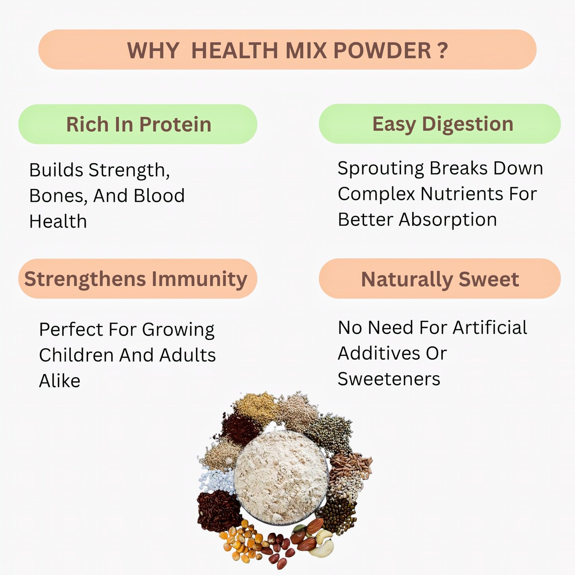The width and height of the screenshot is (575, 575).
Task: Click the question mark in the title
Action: coord(443,51)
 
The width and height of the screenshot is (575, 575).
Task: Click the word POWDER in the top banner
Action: coord(382,51)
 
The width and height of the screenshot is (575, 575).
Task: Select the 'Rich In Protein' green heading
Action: coord(138,124)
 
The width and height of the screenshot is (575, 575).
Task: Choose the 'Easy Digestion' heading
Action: coord(442,124)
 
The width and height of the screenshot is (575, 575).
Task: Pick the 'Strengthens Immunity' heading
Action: coord(136,279)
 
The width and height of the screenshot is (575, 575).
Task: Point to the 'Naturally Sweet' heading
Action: coord(440,279)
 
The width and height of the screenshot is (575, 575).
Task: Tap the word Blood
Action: coord(159,196)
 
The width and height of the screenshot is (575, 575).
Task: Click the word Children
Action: coord(76,355)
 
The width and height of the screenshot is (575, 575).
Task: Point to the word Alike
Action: coord(60,381)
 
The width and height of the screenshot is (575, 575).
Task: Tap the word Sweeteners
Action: coord(389,379)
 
